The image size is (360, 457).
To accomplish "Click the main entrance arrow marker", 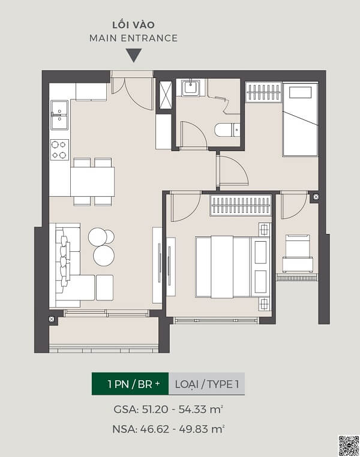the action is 134,55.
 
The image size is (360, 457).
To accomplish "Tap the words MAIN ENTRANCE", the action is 134,38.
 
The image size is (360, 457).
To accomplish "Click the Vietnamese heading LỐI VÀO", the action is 134,25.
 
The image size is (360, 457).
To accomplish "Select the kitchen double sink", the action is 59,115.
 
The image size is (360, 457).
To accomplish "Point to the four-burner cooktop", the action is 59,150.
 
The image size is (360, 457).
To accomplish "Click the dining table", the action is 92,181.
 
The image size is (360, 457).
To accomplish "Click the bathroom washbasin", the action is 191,88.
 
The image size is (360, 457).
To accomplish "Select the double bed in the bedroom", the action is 232,267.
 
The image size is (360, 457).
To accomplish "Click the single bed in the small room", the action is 299,120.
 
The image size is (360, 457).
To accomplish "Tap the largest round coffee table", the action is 104,255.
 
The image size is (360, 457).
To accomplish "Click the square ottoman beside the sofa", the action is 104,287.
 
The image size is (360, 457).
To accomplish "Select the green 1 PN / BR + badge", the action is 130,384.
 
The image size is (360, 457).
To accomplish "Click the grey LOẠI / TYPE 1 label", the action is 206,384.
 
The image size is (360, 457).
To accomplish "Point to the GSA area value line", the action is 169,410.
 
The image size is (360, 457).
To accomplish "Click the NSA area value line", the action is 169,429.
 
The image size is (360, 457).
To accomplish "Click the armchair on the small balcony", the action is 298,253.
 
